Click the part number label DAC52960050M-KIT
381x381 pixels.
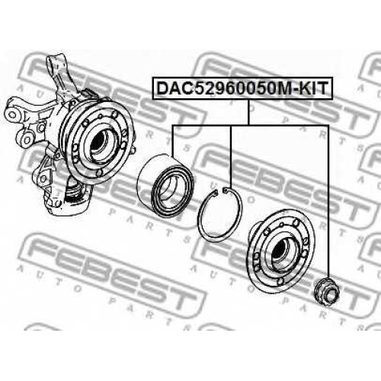pos(242,88)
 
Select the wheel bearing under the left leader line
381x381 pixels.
pos(165,186)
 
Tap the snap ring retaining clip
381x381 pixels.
pos(220,214)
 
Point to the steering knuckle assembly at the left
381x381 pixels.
pos(69,135)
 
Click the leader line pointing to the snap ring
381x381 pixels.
pos(231,157)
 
